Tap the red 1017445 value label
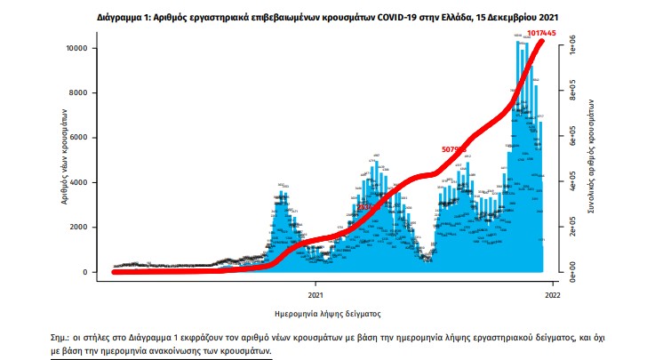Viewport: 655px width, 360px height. coord(541,34)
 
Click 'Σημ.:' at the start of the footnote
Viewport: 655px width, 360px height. coord(63,339)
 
